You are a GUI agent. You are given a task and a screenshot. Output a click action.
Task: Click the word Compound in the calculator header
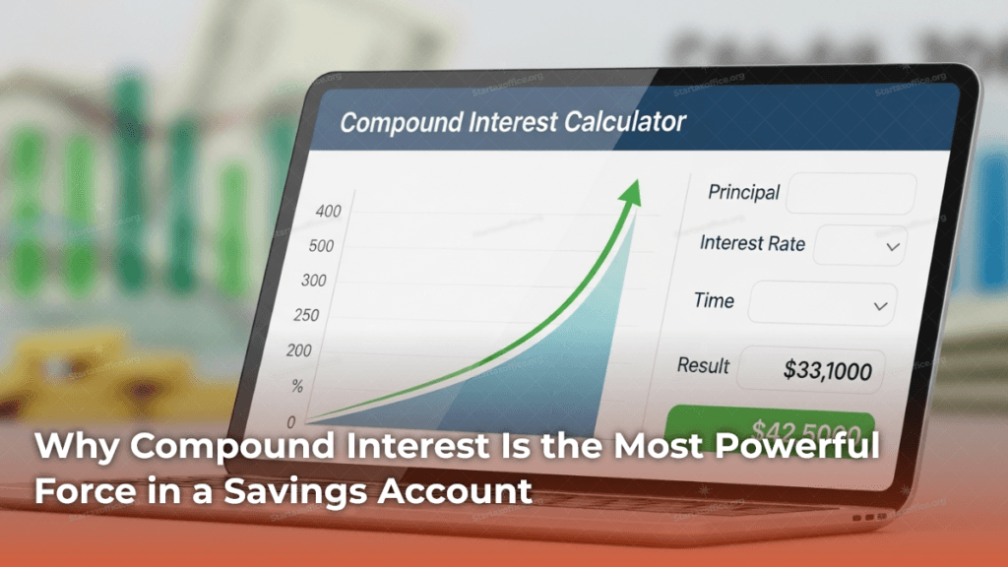399,123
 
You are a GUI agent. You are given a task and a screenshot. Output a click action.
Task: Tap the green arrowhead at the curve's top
629,192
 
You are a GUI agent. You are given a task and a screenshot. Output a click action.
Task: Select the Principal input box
850,193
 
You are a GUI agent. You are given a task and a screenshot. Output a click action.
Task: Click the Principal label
743,193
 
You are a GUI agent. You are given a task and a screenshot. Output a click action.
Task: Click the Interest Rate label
752,243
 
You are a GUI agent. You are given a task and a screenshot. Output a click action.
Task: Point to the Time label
714,300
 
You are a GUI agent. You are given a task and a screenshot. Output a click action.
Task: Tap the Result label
703,365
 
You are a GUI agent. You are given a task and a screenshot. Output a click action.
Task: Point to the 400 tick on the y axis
328,212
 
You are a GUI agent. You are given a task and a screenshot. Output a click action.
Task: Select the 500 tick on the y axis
321,246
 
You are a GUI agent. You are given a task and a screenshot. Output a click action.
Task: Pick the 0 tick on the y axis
290,421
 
